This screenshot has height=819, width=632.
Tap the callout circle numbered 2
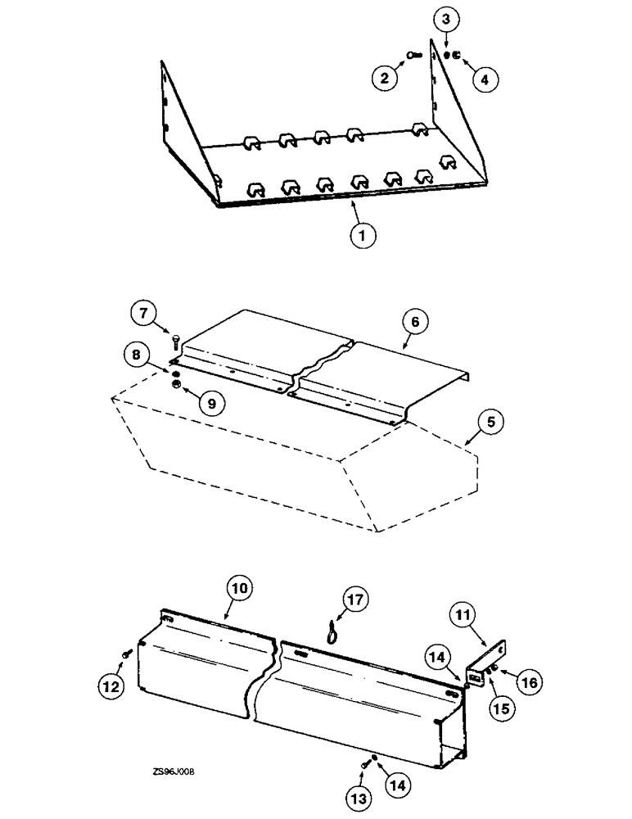384,79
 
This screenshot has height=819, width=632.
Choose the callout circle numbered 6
415,322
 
